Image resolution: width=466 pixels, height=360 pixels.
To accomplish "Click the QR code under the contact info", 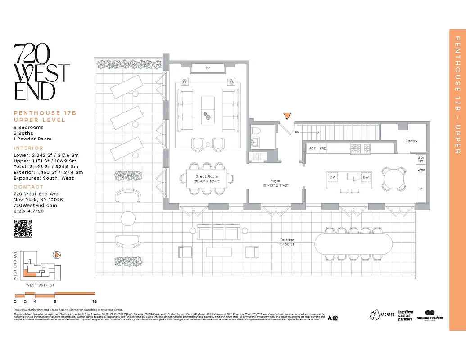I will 23,228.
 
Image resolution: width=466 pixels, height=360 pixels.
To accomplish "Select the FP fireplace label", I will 208,69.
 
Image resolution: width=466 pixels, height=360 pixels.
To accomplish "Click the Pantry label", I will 411,141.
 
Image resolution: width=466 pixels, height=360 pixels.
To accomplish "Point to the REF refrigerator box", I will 312,148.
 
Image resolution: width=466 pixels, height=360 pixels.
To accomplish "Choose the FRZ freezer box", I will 323,148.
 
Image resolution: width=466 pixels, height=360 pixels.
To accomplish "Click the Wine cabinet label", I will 421,170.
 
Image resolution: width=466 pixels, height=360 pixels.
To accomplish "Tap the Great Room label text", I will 207,177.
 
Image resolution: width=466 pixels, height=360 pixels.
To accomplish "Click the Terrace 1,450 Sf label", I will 286,242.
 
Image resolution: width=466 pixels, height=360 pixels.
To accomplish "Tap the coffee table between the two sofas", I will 208,110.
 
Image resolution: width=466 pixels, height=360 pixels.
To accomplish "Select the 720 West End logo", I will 41,72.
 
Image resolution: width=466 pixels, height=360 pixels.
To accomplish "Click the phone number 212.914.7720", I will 28,211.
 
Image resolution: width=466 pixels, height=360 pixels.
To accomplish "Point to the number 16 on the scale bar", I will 94,301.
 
